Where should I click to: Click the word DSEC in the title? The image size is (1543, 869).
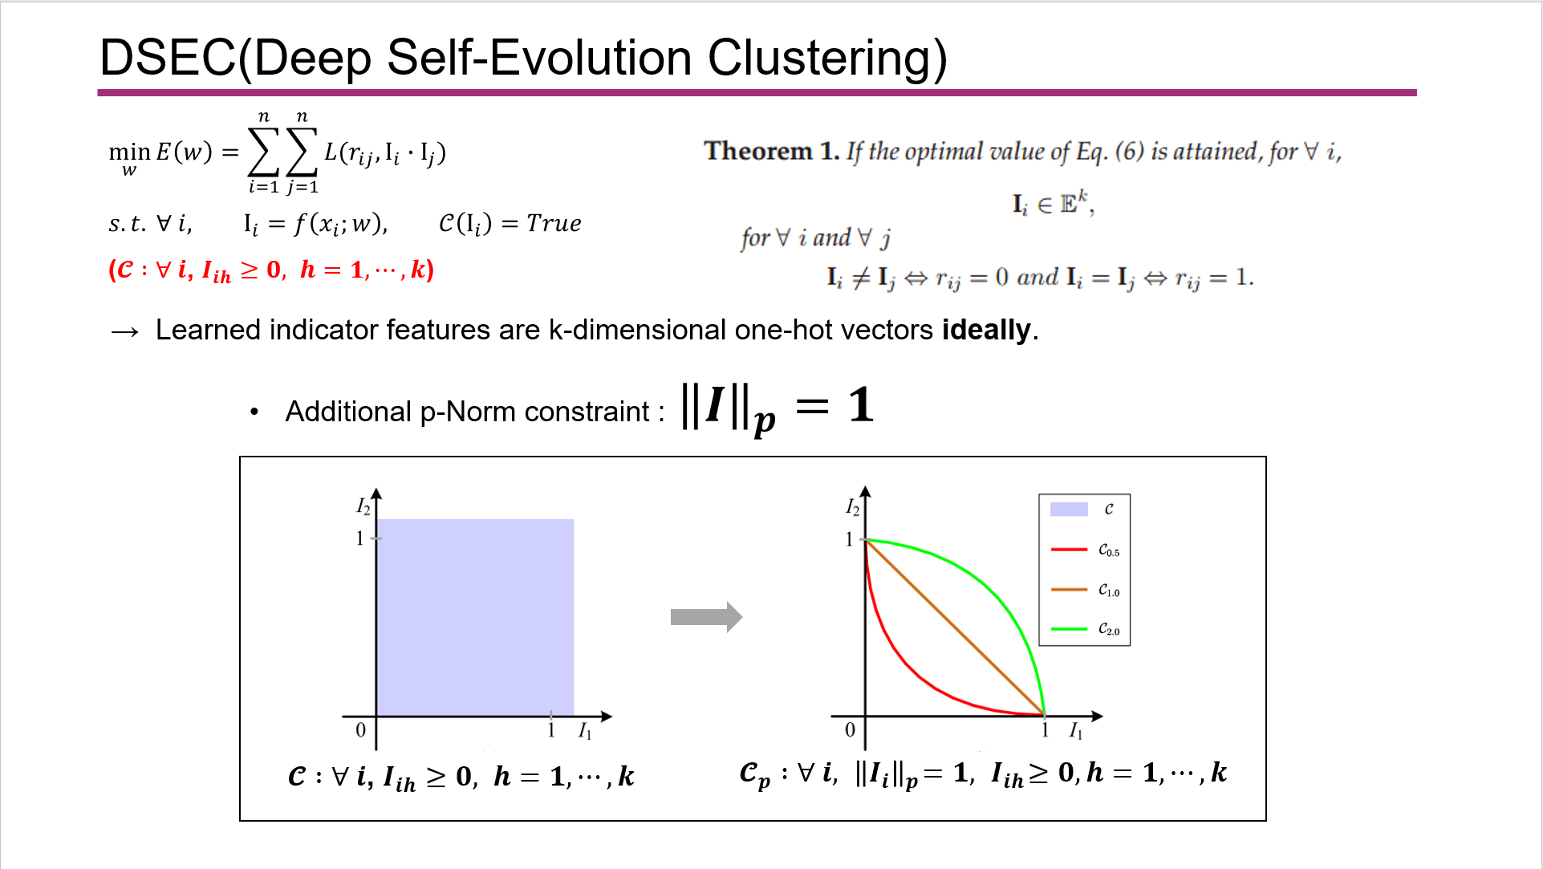168,58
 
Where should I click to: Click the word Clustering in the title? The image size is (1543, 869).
827,59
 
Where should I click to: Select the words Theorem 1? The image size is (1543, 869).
772,151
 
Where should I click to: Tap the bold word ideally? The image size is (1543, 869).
986,330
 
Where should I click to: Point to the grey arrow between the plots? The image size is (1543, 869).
706,617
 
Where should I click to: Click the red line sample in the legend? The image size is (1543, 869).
1069,550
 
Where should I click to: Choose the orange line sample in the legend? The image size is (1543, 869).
1069,590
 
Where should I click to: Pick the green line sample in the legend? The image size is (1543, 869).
1069,629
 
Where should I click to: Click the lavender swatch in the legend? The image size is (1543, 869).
1069,509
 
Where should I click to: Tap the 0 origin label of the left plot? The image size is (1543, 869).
360,730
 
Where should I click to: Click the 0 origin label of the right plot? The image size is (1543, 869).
850,730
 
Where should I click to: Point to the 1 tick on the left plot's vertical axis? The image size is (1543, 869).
359,538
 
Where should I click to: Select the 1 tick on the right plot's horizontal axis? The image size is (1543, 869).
1045,730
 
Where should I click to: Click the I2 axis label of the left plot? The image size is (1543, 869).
363,506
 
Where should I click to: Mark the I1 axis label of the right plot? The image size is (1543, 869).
1075,731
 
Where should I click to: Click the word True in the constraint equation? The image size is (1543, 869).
554,223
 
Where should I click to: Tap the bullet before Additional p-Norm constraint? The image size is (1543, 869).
254,412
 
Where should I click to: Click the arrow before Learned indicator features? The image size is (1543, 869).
124,331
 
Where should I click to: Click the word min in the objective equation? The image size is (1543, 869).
129,152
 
